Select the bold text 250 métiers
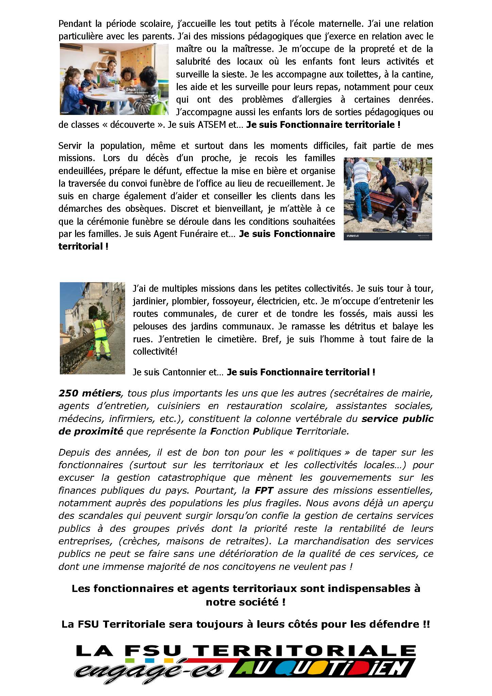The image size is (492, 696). click(x=89, y=393)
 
